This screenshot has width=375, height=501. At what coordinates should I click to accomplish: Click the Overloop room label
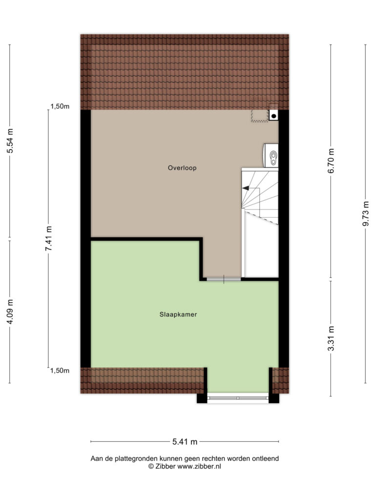[182, 168]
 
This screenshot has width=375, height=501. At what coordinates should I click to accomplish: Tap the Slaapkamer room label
[178, 315]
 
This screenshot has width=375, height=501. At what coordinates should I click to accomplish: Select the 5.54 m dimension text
[10, 140]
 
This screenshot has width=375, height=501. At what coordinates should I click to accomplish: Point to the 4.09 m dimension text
[10, 312]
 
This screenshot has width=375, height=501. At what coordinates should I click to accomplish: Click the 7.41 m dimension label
[49, 238]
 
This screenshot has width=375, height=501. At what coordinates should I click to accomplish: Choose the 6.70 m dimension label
[332, 161]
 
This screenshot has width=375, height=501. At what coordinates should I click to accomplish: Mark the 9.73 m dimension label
[366, 213]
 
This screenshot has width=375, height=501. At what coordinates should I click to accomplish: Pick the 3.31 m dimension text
[332, 339]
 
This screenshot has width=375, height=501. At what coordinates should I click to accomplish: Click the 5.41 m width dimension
[185, 442]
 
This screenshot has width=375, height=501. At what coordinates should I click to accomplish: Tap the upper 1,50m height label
[60, 107]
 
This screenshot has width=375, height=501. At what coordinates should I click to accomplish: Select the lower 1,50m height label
[60, 371]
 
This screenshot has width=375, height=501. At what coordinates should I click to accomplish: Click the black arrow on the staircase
[246, 188]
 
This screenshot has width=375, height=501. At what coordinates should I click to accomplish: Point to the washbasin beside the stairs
[271, 156]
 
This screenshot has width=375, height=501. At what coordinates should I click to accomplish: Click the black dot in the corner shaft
[273, 116]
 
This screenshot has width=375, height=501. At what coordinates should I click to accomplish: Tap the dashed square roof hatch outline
[259, 115]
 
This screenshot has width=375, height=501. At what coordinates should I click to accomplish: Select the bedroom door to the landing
[224, 279]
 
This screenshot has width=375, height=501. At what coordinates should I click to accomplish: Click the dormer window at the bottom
[238, 398]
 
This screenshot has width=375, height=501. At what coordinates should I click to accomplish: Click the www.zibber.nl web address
[199, 466]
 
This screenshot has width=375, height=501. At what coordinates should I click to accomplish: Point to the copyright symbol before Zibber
[151, 466]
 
